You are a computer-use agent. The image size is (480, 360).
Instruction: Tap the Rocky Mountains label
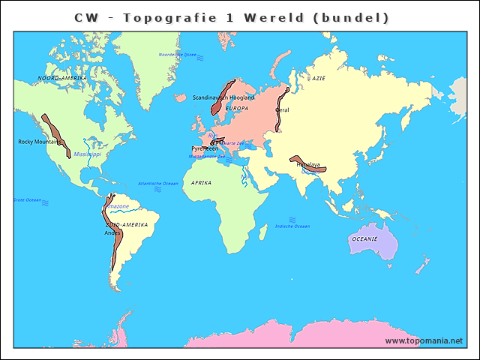coord(39,142)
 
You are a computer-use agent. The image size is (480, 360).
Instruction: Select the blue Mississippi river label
coord(86,154)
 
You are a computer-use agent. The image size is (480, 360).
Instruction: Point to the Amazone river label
coord(117,206)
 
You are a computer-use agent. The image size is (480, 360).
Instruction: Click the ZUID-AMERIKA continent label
coord(127,224)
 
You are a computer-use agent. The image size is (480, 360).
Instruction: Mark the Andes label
coord(112,232)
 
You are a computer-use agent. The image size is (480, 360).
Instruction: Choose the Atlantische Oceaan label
coord(158,183)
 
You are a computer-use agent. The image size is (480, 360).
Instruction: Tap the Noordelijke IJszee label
coord(177,55)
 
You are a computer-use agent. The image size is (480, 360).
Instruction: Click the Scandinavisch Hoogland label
coord(223,97)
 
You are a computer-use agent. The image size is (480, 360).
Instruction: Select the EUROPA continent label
coord(236,108)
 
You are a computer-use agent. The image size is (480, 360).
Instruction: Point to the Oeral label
coord(283,110)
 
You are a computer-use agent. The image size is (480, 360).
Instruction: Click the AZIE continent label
coord(319,78)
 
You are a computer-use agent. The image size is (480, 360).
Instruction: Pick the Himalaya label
coord(307,164)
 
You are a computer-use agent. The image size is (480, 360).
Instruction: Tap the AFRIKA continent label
coord(201,182)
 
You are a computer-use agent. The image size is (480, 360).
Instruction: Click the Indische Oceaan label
coord(292,226)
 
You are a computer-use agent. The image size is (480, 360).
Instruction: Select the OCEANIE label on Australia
coord(364,239)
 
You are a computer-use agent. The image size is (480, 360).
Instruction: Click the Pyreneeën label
coord(205,148)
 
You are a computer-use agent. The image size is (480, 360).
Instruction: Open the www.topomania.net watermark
coord(424,340)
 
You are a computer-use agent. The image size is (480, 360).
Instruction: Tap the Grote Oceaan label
coord(27,199)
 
